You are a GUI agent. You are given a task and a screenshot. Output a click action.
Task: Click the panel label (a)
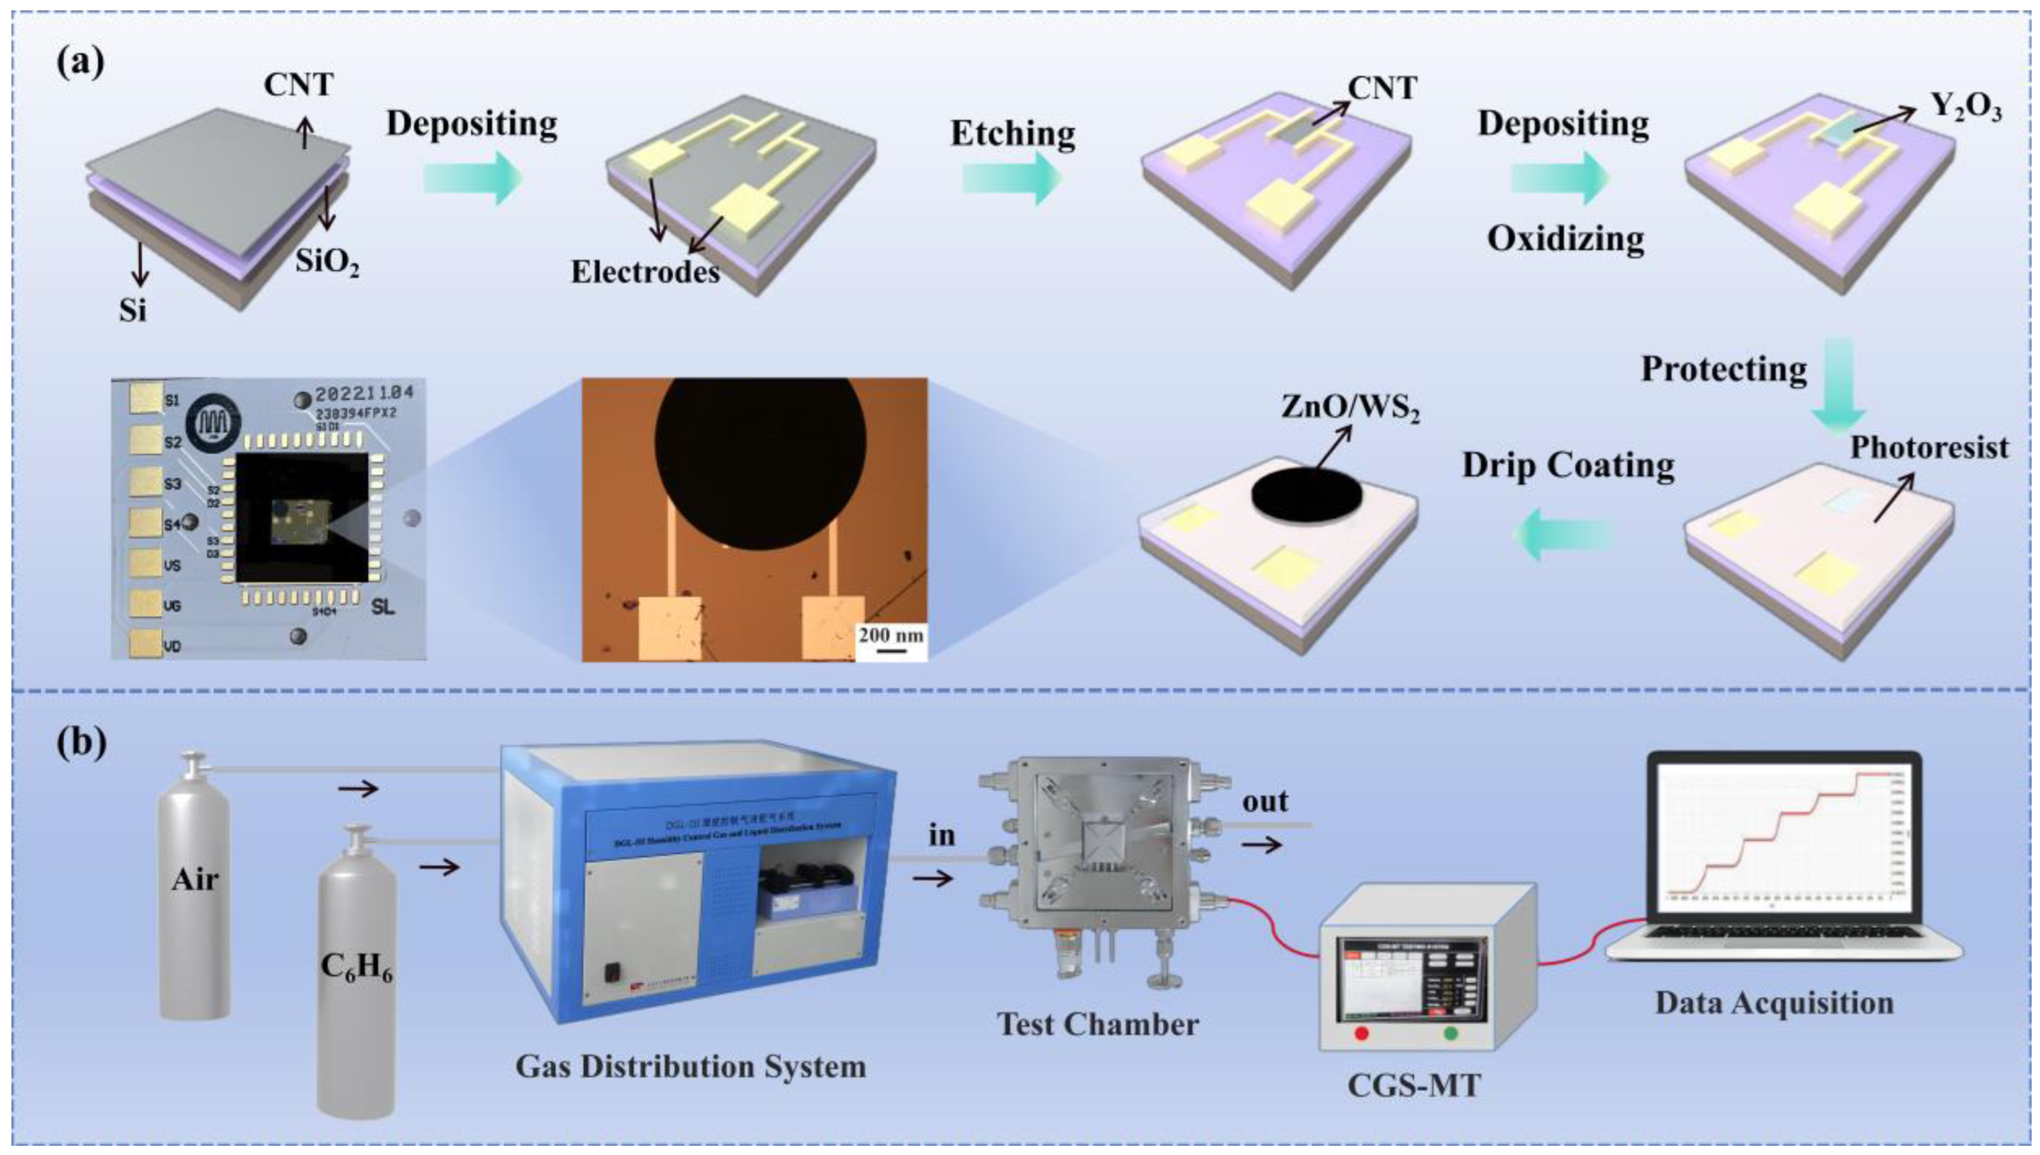[x=79, y=62]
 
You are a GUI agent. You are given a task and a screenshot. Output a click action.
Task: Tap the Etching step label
[x=1013, y=134]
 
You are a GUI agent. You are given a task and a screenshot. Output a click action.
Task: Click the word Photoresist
[x=1929, y=447]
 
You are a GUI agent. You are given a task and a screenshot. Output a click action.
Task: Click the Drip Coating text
[x=1568, y=466]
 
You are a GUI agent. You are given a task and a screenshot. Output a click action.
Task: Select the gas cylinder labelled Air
[x=195, y=881]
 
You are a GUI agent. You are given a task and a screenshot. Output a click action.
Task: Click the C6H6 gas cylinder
[x=356, y=976]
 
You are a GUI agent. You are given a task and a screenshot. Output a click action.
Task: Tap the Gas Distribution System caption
[x=690, y=1066]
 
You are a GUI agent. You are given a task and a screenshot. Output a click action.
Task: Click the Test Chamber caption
[x=1098, y=1024]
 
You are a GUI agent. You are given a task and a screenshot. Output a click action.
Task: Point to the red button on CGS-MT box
[x=1362, y=1033]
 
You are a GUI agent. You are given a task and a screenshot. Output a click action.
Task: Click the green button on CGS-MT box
[x=1452, y=1033]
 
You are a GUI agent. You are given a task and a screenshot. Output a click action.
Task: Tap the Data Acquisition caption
[x=1774, y=1003]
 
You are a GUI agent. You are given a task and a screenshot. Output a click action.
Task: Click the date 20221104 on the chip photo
[x=364, y=393]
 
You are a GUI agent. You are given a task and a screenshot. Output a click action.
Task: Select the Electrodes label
[x=645, y=272]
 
